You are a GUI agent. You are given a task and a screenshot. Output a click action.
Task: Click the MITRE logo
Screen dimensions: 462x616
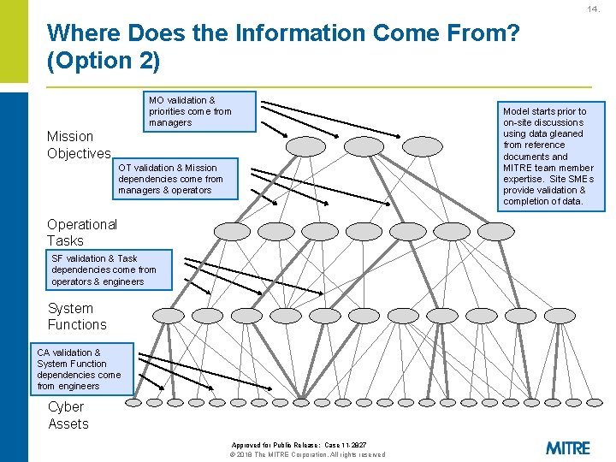(567, 447)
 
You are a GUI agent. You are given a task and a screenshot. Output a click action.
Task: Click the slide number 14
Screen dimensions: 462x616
(593, 9)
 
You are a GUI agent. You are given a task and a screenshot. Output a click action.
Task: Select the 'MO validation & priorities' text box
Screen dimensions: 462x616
(199, 111)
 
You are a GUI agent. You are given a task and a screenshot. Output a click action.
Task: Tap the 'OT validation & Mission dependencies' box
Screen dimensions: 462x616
(176, 179)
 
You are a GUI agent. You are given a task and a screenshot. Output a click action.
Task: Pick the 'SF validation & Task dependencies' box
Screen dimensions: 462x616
(109, 269)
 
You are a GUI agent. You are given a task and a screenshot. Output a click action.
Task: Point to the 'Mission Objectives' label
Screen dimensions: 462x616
(79, 145)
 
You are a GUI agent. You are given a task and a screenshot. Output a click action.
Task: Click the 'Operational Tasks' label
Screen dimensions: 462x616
(82, 233)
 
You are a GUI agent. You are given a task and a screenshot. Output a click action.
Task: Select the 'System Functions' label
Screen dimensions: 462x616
(77, 317)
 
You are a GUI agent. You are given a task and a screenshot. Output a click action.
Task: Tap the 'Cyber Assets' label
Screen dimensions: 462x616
(68, 415)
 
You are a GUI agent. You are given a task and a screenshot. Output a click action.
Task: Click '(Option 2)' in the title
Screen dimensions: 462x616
(104, 62)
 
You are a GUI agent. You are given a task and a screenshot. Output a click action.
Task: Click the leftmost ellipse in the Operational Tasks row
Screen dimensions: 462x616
(232, 231)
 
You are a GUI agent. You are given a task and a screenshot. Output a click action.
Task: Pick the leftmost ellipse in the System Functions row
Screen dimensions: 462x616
(167, 316)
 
